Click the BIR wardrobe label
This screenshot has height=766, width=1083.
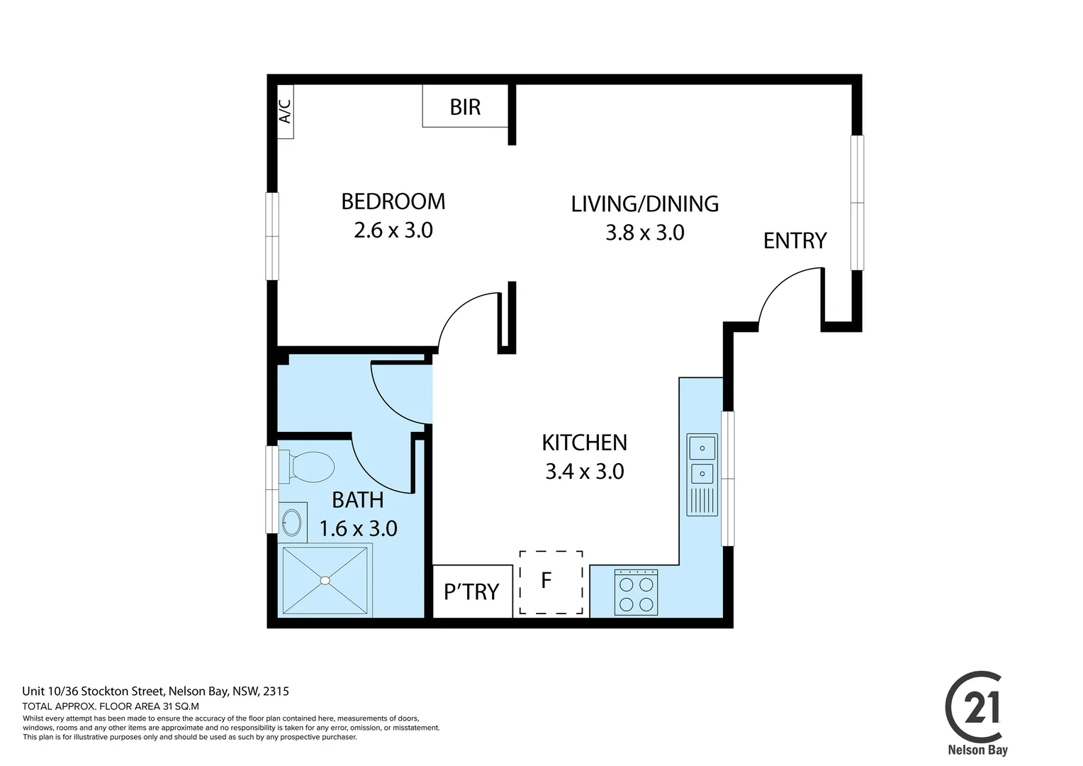pos(465,107)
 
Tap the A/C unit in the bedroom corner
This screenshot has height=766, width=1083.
pos(285,111)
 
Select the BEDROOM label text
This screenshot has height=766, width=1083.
pos(393,201)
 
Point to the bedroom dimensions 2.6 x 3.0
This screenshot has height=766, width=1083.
pos(393,231)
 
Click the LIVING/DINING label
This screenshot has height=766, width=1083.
pos(644,204)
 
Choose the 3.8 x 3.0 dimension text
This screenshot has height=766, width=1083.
pos(644,233)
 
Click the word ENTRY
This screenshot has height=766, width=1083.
pos(795,241)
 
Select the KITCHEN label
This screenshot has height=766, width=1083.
pos(584,443)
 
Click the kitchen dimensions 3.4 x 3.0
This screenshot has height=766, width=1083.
pos(584,472)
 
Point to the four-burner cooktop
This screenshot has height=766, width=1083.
pos(636,593)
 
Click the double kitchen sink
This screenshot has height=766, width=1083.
pos(702,460)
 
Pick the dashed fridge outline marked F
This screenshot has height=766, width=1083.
pos(551,582)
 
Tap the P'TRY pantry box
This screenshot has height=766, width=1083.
pos(472,591)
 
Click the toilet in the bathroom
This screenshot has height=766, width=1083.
pos(308,467)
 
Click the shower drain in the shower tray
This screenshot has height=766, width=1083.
pos(325,580)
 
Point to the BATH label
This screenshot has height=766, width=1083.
pos(358,500)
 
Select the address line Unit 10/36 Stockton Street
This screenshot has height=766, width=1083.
pos(155,691)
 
